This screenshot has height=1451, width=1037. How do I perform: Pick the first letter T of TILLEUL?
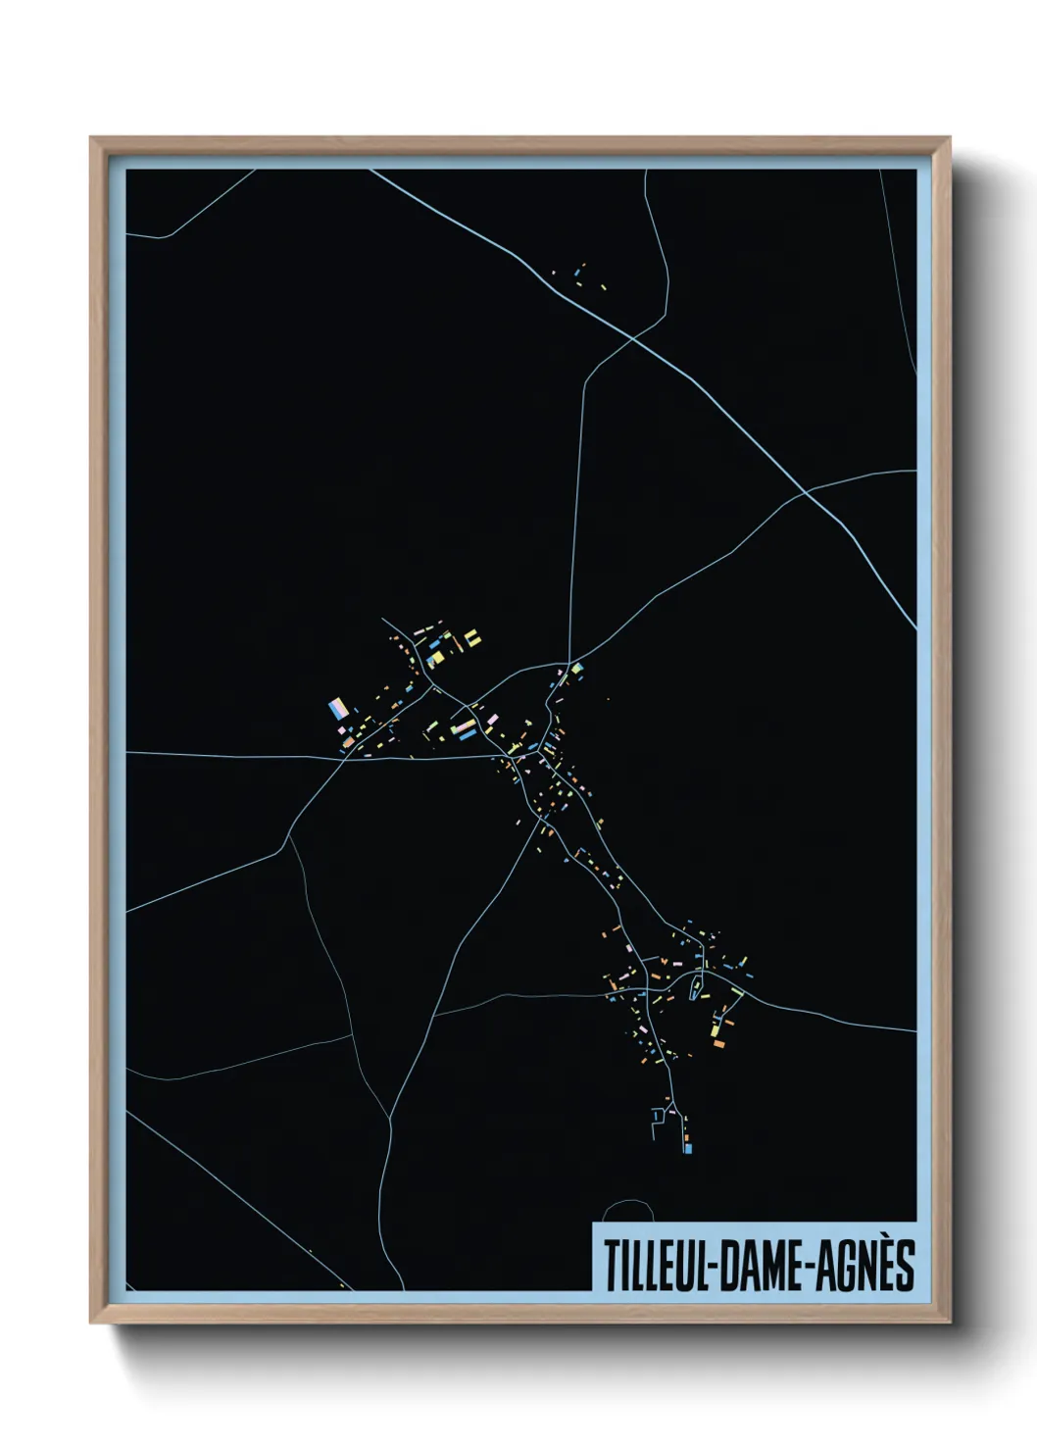pyautogui.click(x=610, y=1267)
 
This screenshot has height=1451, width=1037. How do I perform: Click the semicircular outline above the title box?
pyautogui.click(x=628, y=1212)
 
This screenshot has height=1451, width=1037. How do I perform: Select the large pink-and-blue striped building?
pyautogui.click(x=338, y=707)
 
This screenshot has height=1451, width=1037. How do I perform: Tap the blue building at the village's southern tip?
pyautogui.click(x=688, y=1146)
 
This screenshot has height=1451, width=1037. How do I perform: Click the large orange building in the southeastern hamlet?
pyautogui.click(x=718, y=1044)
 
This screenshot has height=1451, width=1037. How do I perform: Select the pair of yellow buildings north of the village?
pyautogui.click(x=473, y=638)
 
